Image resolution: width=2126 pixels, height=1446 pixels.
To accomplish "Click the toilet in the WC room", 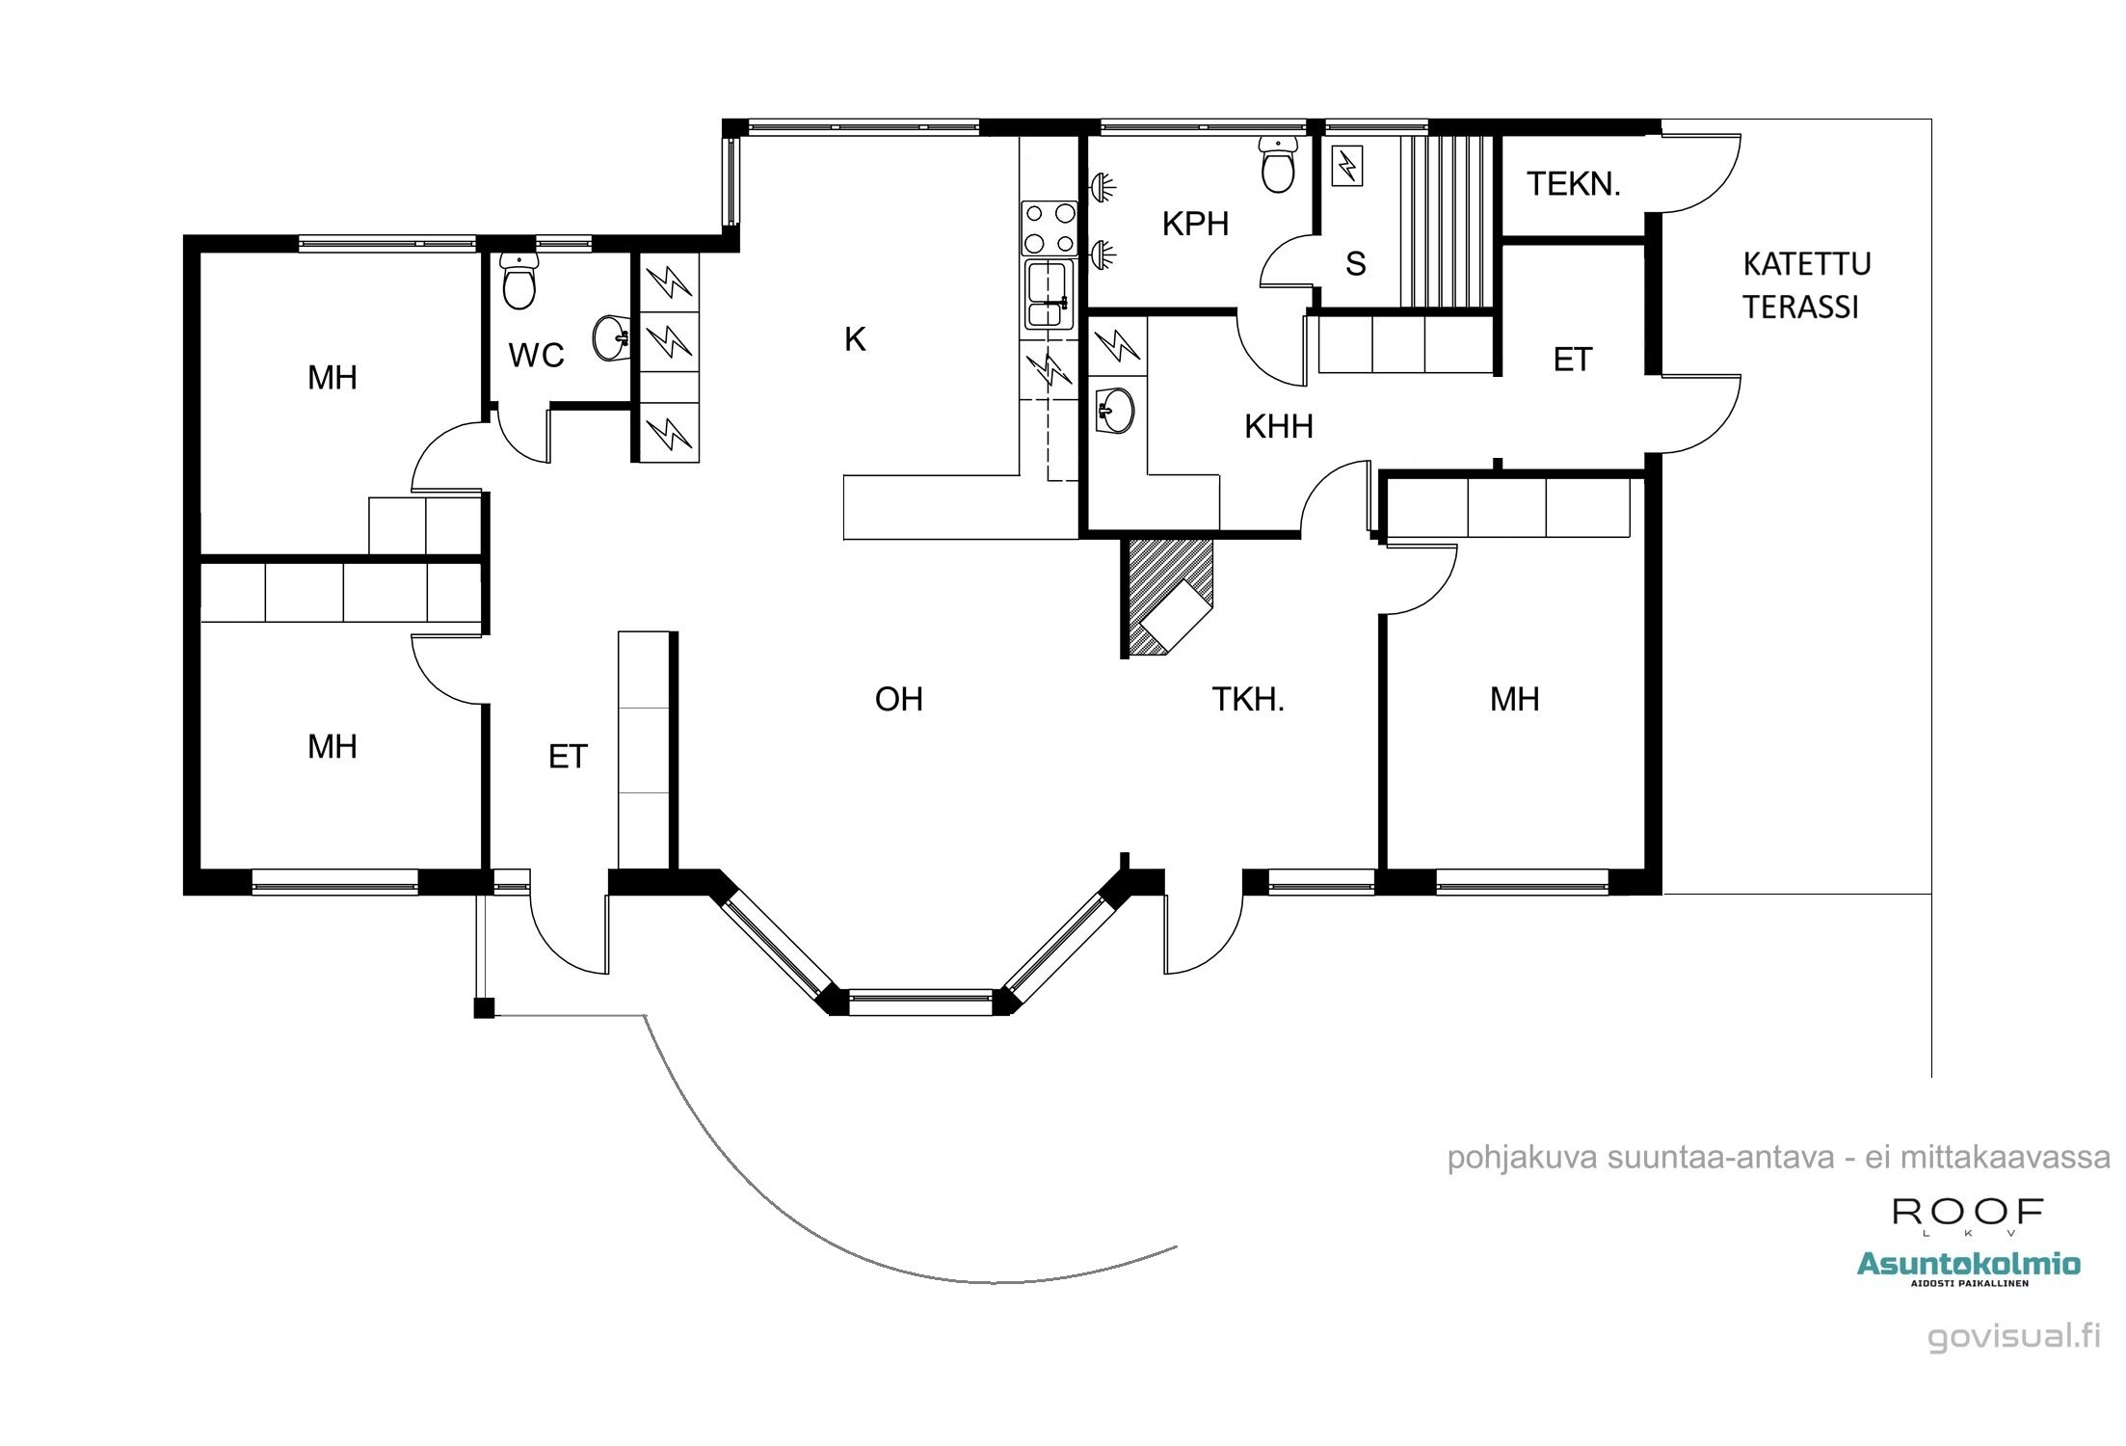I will (x=519, y=281).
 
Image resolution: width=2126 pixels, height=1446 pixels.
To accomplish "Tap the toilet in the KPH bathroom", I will (x=1279, y=166).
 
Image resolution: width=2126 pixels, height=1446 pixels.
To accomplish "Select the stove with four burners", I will (x=1050, y=228).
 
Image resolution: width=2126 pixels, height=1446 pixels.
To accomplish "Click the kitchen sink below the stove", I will (x=1050, y=294).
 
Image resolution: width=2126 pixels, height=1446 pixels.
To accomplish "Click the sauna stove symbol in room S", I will (x=1347, y=167).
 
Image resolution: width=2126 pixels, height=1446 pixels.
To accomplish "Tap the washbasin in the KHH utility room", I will (x=1116, y=411).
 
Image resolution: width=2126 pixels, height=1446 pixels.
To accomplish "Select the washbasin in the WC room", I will (x=611, y=337).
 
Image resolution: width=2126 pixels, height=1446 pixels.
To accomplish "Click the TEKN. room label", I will (x=1574, y=184).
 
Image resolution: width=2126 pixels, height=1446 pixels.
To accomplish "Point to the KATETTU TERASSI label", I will (x=1806, y=285).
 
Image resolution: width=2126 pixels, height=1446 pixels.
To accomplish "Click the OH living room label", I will (x=898, y=699).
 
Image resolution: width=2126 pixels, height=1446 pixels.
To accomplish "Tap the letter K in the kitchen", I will (x=855, y=339).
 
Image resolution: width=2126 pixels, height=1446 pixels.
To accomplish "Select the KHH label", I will (x=1278, y=426).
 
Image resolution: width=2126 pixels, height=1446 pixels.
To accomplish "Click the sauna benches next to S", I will (x=1445, y=222).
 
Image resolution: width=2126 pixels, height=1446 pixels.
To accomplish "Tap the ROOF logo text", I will (x=1968, y=1212).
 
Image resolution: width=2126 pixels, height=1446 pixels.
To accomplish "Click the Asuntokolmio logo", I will (x=1968, y=1265).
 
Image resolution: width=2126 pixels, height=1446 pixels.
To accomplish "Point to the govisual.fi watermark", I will (x=2013, y=1336).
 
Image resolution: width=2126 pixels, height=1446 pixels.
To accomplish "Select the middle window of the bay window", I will (x=920, y=1003).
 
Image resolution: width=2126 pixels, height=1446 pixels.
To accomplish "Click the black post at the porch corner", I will (x=484, y=1008).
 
